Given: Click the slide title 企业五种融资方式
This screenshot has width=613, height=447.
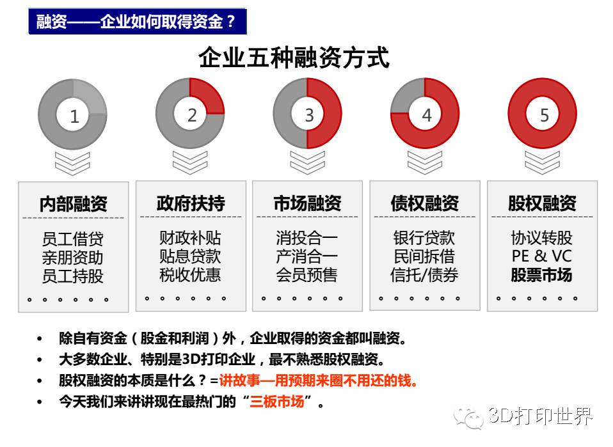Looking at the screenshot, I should click(x=294, y=59).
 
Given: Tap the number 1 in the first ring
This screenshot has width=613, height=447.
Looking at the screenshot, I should click(x=74, y=116).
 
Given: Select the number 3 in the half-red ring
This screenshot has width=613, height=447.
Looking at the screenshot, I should click(x=309, y=115).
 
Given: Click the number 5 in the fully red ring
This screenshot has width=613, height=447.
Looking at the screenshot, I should click(x=544, y=115).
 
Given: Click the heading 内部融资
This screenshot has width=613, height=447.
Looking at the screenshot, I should click(x=73, y=204).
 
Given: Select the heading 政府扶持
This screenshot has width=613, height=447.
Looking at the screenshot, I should click(x=191, y=204).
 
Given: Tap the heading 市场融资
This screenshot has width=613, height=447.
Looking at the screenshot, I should click(x=307, y=204).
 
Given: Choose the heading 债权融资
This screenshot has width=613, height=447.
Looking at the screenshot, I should click(x=425, y=204).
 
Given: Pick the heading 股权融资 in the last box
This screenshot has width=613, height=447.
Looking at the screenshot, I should click(x=542, y=204).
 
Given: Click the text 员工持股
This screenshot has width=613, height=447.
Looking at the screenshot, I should click(x=73, y=276).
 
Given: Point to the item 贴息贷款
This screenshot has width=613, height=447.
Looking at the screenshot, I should click(x=191, y=256).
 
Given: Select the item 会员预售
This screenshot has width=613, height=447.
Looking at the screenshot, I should click(x=307, y=276).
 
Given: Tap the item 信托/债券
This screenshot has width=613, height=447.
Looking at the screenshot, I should click(x=425, y=276).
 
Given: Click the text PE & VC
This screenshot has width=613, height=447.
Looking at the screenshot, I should click(x=542, y=256).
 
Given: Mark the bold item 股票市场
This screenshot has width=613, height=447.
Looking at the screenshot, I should click(x=542, y=276).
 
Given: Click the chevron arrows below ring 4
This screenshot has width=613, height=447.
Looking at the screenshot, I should click(x=425, y=162).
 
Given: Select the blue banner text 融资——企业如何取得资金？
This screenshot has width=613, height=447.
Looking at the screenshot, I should click(x=137, y=22).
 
